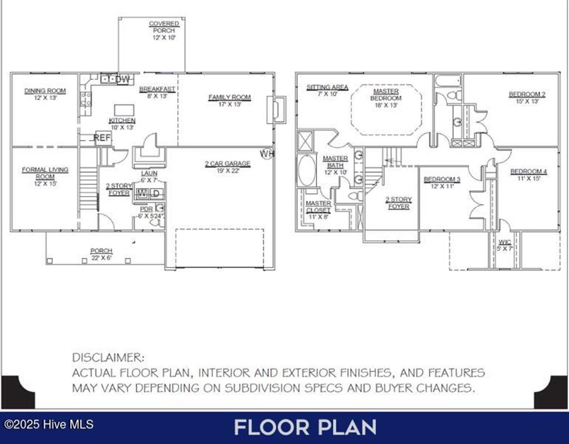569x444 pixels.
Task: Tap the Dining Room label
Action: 45,91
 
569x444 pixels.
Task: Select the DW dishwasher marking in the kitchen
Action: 123,80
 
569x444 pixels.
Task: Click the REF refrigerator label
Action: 102,138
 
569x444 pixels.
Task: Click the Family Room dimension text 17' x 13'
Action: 229,104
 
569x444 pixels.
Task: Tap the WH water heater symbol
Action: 267,154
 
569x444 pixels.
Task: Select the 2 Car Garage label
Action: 227,164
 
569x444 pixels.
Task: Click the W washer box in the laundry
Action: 142,193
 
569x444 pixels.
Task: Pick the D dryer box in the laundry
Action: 156,193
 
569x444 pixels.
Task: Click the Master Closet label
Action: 318,206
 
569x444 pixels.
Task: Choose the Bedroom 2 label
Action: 527,94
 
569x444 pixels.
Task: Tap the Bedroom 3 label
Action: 442,179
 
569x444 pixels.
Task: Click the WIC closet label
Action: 505,242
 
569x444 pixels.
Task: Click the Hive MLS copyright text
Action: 47,425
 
